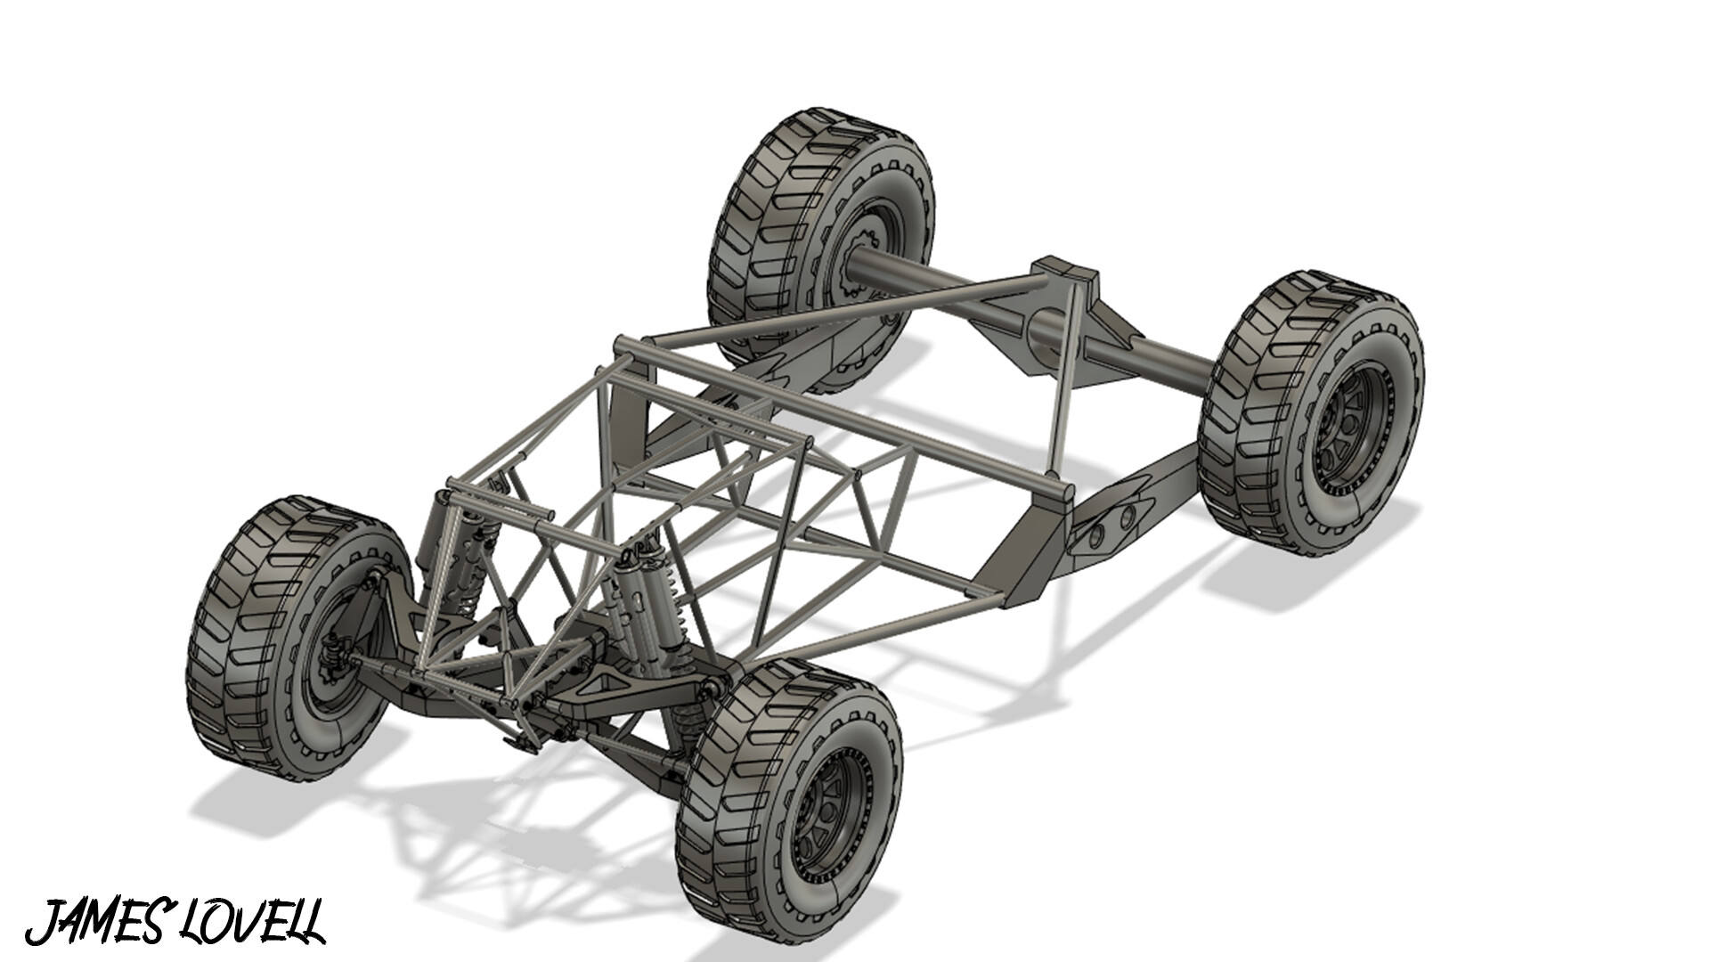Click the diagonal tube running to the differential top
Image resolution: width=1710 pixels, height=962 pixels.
pyautogui.click(x=846, y=312)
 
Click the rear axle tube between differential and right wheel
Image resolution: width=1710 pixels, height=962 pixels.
pyautogui.click(x=1158, y=356)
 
